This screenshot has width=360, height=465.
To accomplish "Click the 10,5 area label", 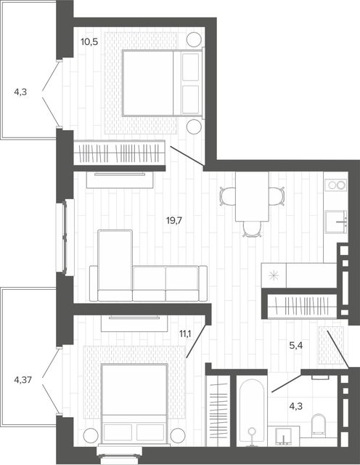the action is click(89, 42).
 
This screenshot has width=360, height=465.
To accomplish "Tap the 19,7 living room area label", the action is click(173, 220).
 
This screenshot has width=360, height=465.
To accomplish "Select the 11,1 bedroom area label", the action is click(185, 334).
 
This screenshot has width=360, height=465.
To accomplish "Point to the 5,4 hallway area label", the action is click(295, 346).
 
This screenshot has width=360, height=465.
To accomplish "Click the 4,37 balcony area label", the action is click(22, 379).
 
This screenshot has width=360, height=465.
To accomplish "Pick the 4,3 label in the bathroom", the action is click(295, 406).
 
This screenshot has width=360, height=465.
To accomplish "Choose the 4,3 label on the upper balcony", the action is click(20, 92).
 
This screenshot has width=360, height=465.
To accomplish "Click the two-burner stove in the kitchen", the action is click(335, 185).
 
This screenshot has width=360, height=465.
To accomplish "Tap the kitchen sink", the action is click(336, 222).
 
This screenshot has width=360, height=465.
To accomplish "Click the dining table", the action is click(252, 196).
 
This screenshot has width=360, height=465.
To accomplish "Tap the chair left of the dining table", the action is click(228, 196).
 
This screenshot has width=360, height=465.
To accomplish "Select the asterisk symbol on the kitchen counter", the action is click(274, 275).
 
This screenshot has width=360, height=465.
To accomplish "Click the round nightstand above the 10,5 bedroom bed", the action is click(194, 39).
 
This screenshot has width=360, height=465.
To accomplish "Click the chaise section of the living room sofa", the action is click(115, 265).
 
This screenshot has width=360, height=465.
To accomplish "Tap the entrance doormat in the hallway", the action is click(331, 345).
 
